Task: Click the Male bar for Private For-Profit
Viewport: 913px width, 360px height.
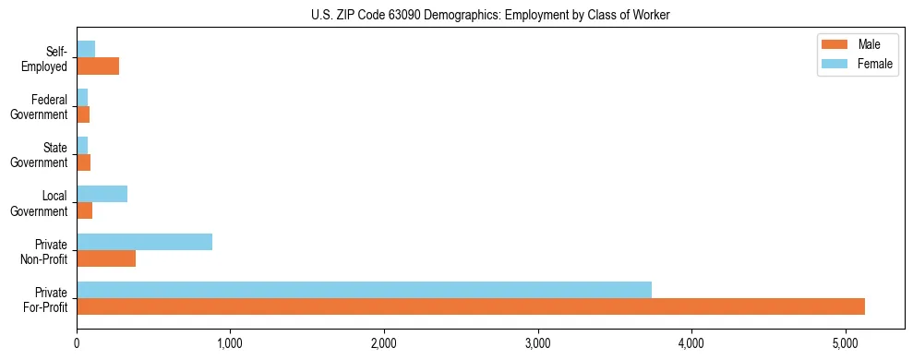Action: (471, 306)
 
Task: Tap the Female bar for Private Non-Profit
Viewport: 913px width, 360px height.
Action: (144, 242)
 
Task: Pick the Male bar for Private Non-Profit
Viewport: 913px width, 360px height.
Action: (106, 258)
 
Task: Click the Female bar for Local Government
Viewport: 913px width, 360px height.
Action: (102, 194)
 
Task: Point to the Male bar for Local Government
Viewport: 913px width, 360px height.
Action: (85, 211)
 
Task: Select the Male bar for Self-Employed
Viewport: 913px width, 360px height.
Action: (98, 66)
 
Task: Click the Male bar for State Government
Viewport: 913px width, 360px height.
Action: (83, 162)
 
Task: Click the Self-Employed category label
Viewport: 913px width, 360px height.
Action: (46, 58)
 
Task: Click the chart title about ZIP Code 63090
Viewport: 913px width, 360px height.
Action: (490, 14)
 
